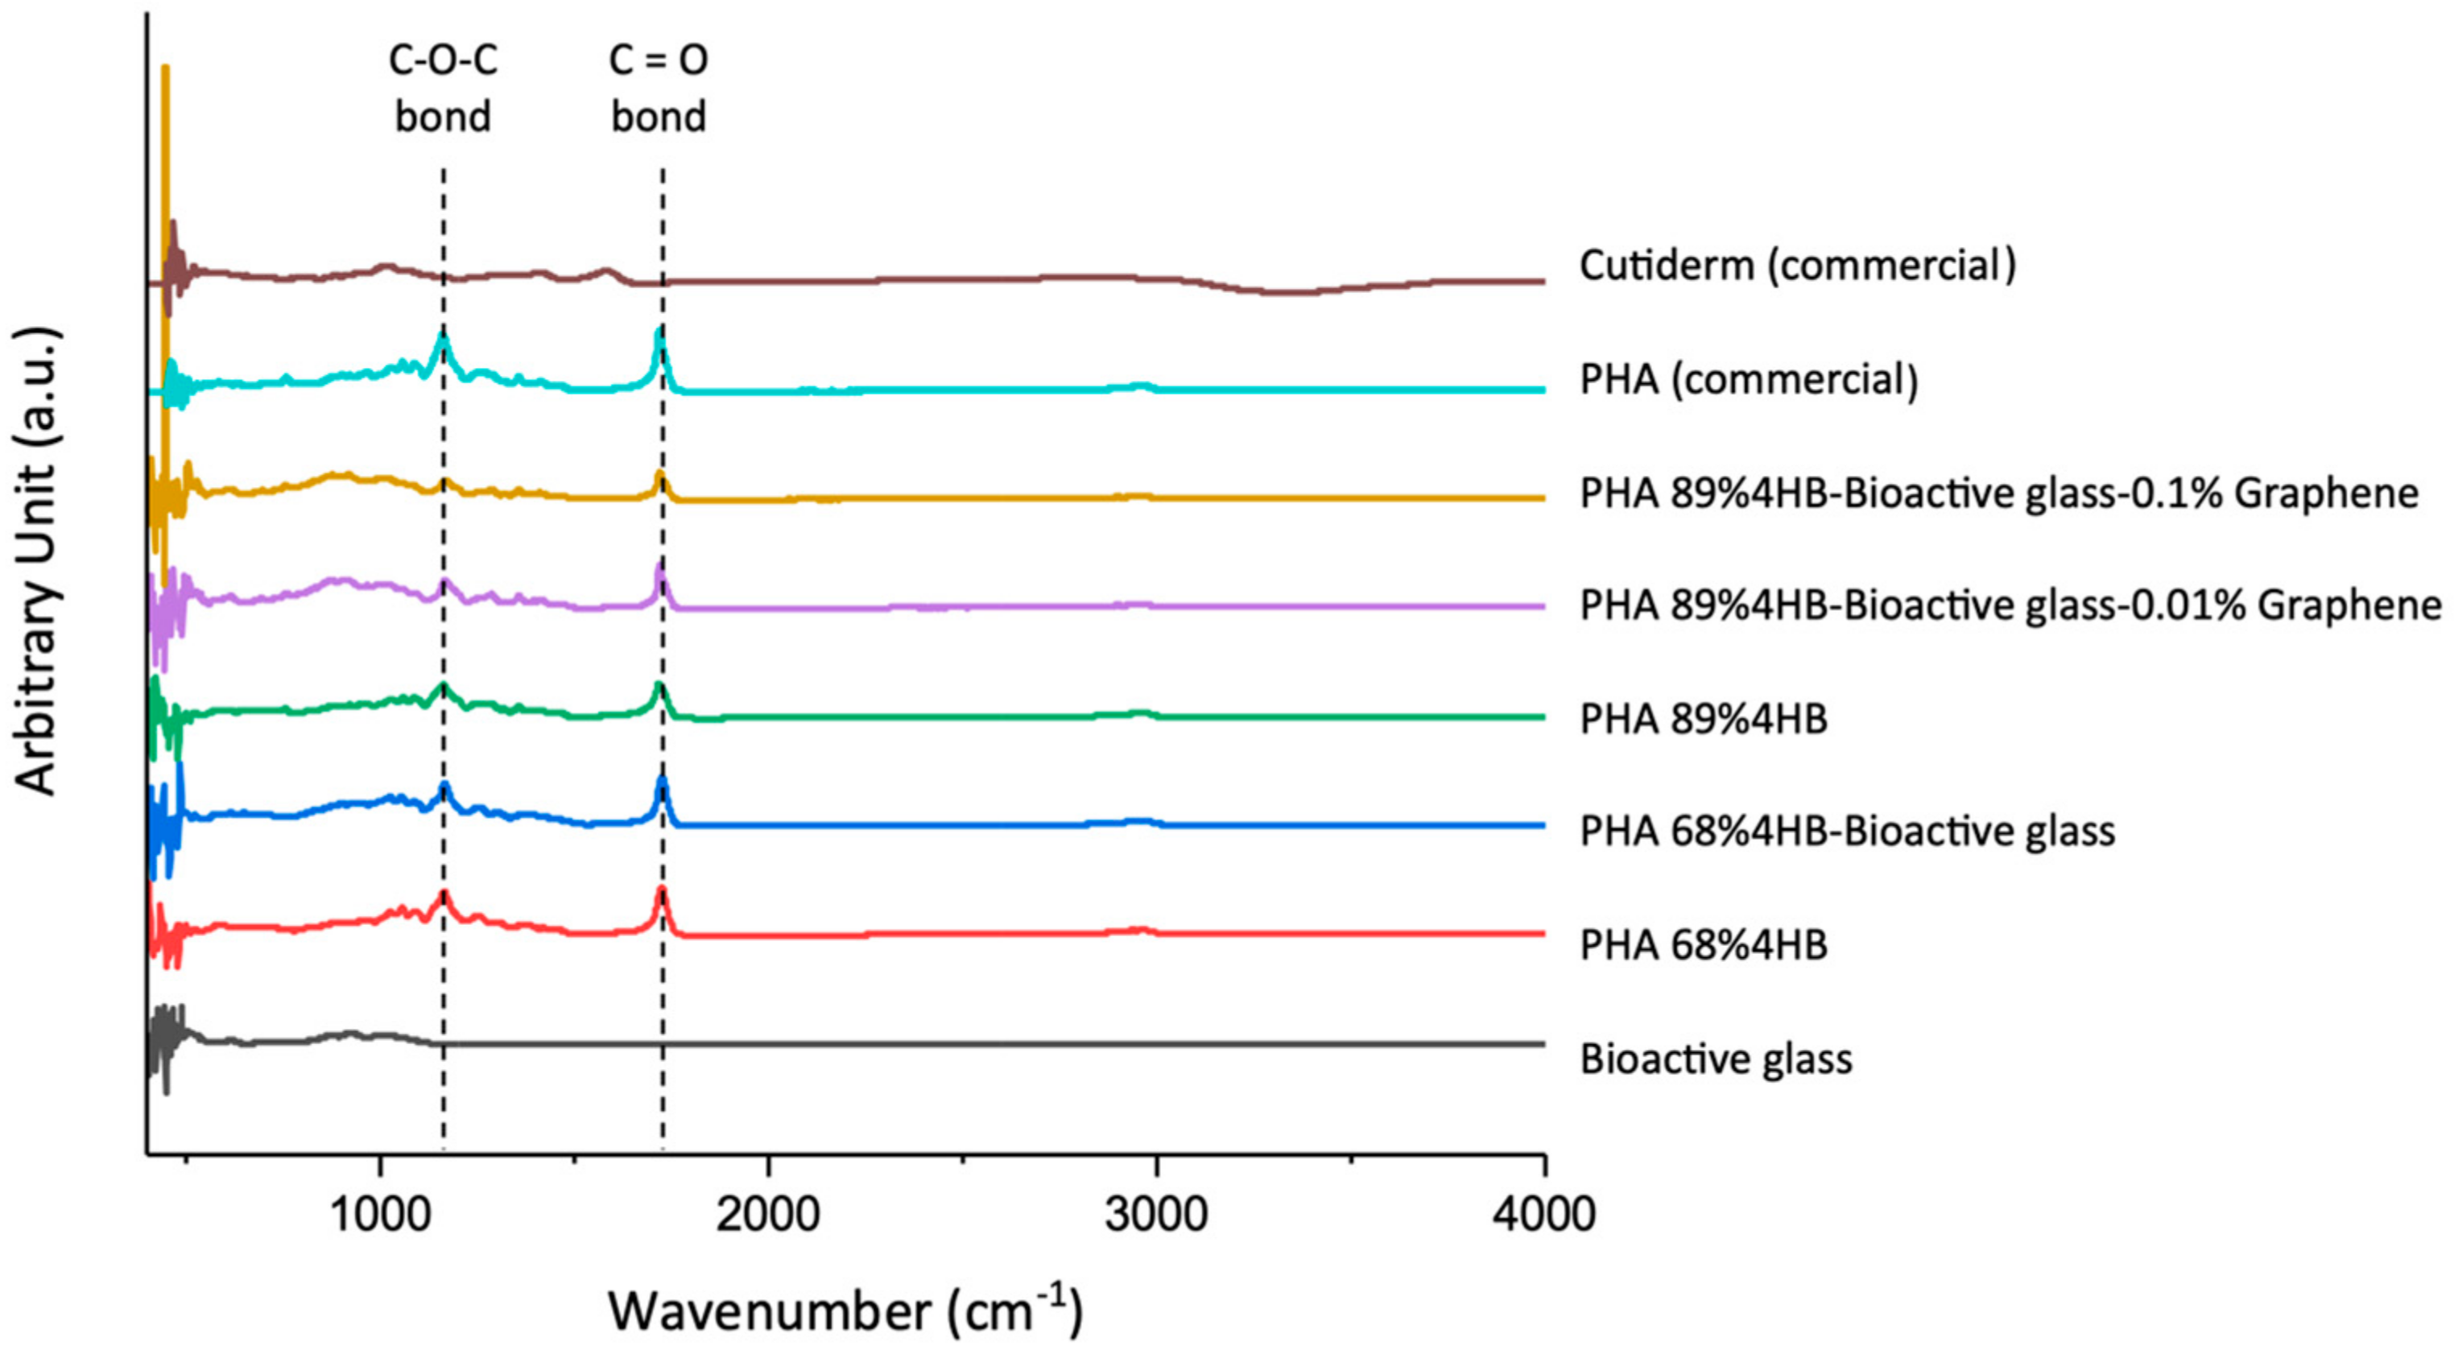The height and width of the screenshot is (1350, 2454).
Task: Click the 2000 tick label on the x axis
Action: click(x=768, y=1216)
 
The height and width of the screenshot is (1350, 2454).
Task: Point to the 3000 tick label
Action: click(x=1156, y=1216)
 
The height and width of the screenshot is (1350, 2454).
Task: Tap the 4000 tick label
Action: click(x=1544, y=1216)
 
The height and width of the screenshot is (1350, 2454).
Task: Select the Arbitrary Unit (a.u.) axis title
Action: click(x=38, y=562)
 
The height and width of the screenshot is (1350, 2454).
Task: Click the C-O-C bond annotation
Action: click(x=443, y=89)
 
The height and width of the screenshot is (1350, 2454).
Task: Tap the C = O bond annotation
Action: click(x=659, y=89)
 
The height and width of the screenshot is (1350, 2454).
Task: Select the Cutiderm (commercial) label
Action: click(x=1798, y=265)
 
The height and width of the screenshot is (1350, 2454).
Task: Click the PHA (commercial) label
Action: click(x=1749, y=379)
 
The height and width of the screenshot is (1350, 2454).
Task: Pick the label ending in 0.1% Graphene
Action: click(x=1998, y=493)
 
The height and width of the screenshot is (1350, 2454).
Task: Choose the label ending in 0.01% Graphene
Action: click(x=2010, y=605)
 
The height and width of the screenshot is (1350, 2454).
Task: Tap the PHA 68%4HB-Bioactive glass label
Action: click(x=1847, y=831)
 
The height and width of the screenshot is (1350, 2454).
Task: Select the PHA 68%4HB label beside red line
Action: click(x=1704, y=944)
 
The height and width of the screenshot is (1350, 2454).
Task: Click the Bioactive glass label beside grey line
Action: click(x=1716, y=1059)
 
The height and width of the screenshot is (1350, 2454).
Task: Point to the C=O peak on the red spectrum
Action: click(x=661, y=891)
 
